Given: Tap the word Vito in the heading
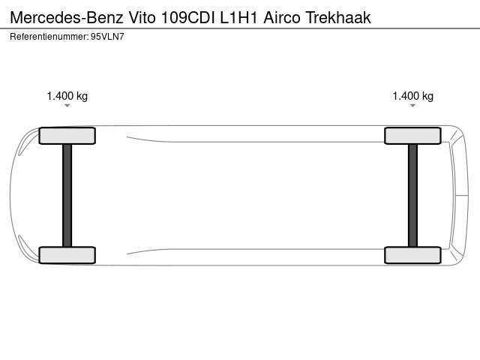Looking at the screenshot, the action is click(142, 17).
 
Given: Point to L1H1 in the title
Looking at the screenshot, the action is click(238, 17).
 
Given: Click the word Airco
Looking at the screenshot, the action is click(282, 17).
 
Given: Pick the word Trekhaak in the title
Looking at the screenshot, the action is click(338, 17).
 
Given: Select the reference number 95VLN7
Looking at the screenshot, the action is click(107, 37).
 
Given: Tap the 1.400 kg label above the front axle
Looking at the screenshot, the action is click(67, 96).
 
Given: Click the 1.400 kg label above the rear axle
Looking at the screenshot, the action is click(413, 96).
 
